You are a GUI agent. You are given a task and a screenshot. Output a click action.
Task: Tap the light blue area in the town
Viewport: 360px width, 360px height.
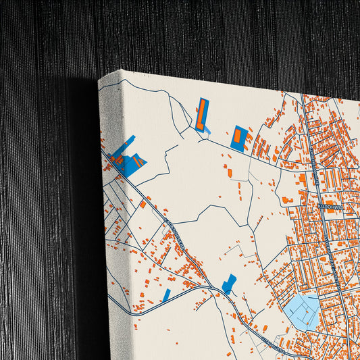(302, 310)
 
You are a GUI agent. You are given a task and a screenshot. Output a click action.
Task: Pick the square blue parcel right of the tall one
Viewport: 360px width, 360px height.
(238, 137)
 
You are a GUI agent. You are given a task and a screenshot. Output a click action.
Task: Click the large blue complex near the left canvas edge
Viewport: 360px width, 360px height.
(126, 159)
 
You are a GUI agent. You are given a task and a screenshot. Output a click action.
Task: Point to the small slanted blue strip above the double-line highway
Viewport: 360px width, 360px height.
(165, 295)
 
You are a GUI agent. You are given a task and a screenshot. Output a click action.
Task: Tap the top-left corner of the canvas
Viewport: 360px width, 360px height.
(99, 79)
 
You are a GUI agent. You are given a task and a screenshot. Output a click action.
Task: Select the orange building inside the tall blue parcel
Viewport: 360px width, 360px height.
(201, 113)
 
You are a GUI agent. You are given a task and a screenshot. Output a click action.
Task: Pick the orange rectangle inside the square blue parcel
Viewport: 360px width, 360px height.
(239, 134)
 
